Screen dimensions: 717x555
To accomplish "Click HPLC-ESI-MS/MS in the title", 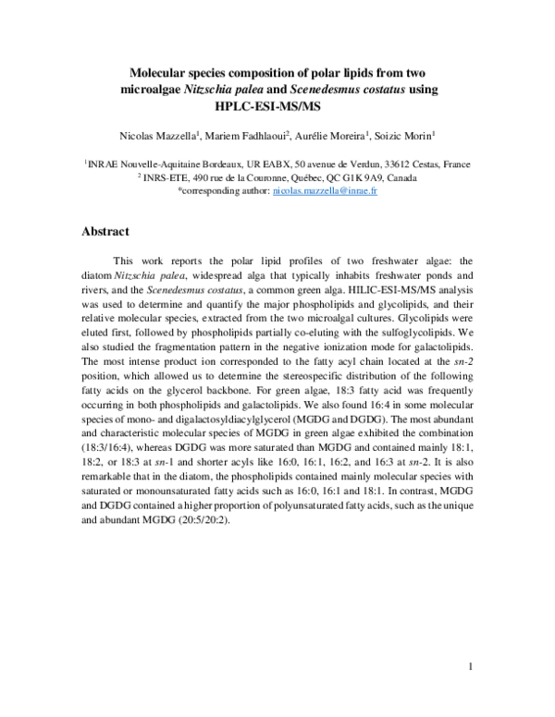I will click(277, 106).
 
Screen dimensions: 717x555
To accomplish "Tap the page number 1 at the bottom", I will click(471, 667).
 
